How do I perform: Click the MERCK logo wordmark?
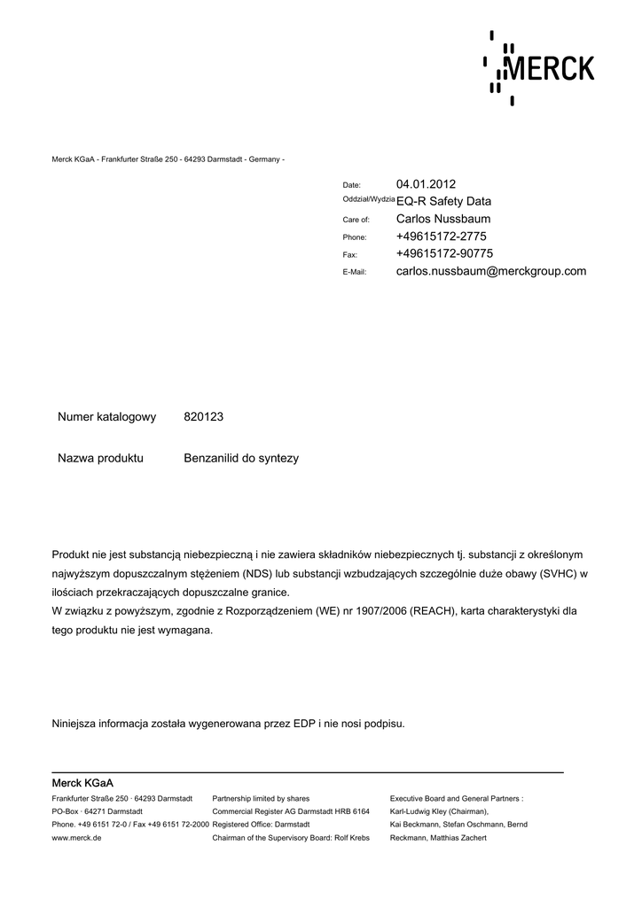548,68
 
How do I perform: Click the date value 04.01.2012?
426,184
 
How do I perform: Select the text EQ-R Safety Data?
443,201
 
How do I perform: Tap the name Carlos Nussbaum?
443,219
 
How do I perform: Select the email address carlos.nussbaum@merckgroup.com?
491,271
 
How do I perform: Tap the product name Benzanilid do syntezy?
241,459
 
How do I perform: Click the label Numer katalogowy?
107,416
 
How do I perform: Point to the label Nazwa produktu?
100,459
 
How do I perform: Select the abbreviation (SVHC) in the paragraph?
558,573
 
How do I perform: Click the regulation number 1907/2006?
381,611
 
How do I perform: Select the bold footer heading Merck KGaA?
82,783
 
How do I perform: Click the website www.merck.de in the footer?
77,837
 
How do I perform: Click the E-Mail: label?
355,272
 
